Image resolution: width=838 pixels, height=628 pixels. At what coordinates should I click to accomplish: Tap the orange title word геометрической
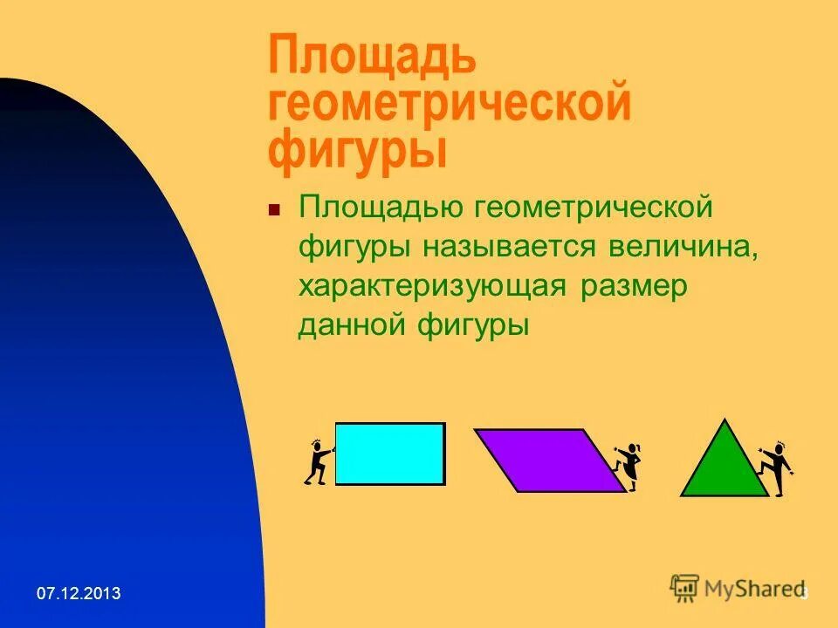click(x=449, y=103)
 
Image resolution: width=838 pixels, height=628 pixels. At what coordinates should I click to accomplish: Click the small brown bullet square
click(x=273, y=210)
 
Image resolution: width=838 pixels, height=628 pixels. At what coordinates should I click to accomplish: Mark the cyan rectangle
click(x=390, y=454)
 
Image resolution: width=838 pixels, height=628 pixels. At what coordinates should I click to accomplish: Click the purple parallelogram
click(x=550, y=461)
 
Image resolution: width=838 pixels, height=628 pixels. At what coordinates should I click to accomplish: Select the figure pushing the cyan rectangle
click(x=318, y=461)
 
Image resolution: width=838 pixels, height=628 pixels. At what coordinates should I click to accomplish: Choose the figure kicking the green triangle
click(x=776, y=468)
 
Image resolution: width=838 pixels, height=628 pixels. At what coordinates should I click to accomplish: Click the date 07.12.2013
click(x=79, y=594)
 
